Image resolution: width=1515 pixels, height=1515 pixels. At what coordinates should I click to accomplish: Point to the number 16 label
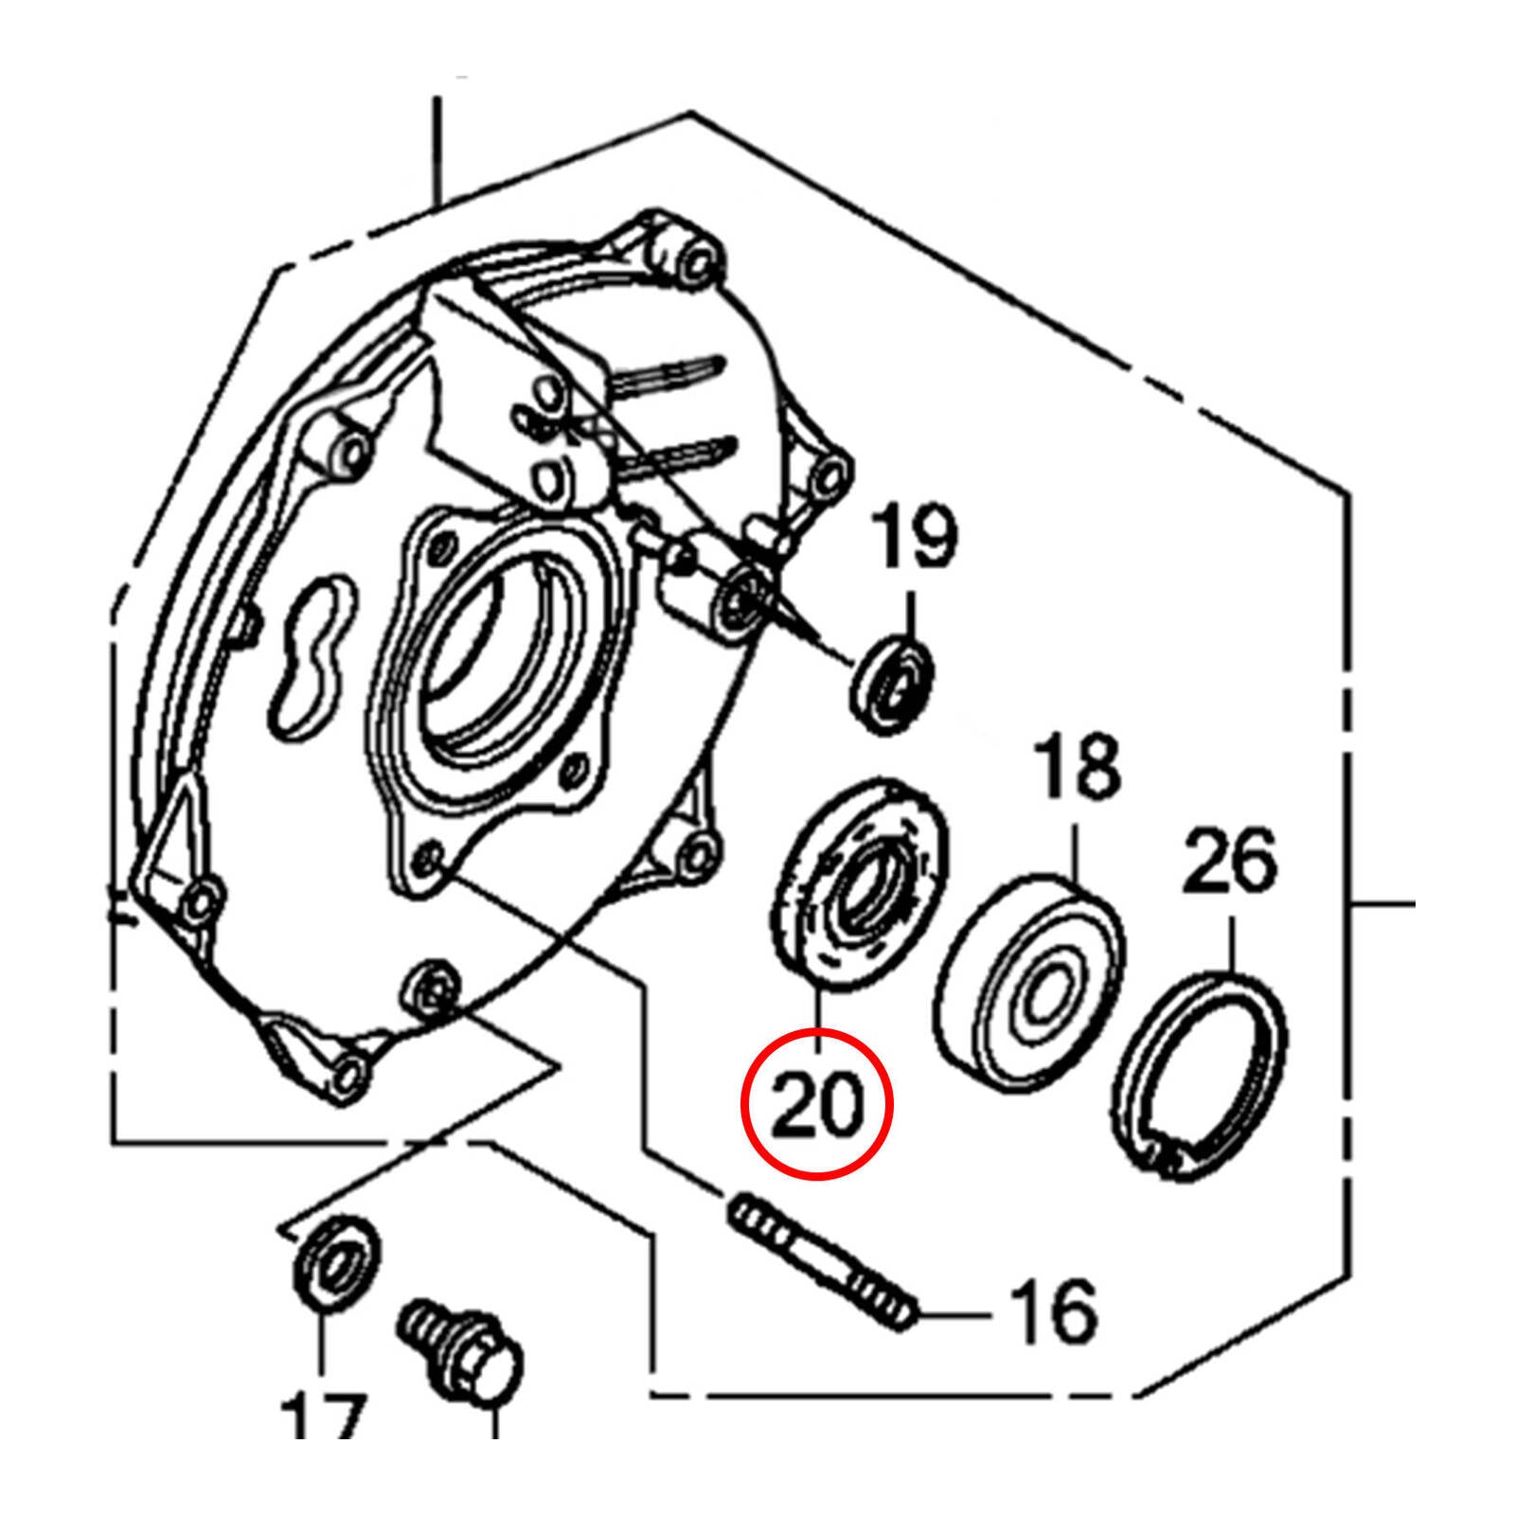[x=1053, y=1312]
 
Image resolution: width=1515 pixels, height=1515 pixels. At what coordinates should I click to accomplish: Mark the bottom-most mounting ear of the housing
[x=347, y=1070]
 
